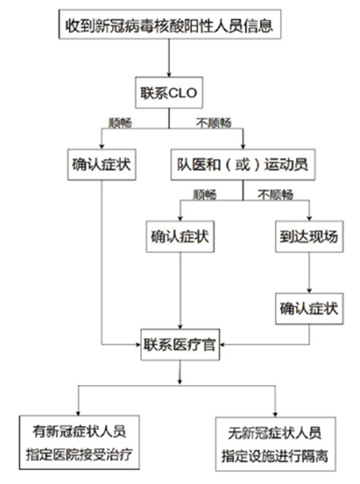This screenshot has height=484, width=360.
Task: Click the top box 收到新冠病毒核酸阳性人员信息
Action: pyautogui.click(x=169, y=25)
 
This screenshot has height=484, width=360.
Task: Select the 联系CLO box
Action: pyautogui.click(x=169, y=94)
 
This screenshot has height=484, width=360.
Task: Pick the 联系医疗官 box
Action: pyautogui.click(x=180, y=343)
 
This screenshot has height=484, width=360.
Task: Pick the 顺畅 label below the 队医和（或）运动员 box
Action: pyautogui.click(x=204, y=195)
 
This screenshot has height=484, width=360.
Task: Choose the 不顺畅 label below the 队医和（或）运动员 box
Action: pyautogui.click(x=275, y=195)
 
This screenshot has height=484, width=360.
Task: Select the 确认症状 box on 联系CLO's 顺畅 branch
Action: pyautogui.click(x=101, y=165)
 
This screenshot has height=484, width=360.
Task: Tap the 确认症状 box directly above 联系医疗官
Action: pyautogui.click(x=180, y=237)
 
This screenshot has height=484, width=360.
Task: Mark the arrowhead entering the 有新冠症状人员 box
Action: pyautogui.click(x=78, y=412)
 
